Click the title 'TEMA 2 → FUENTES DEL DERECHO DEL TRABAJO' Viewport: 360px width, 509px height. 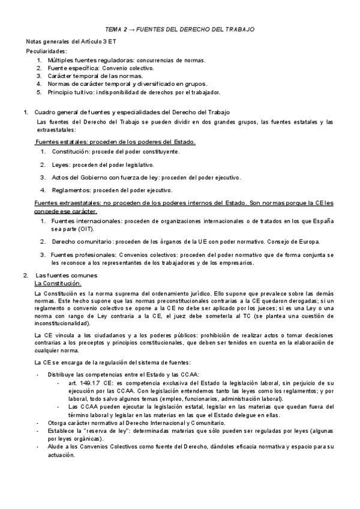180,29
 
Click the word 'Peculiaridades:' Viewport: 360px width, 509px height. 47,52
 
